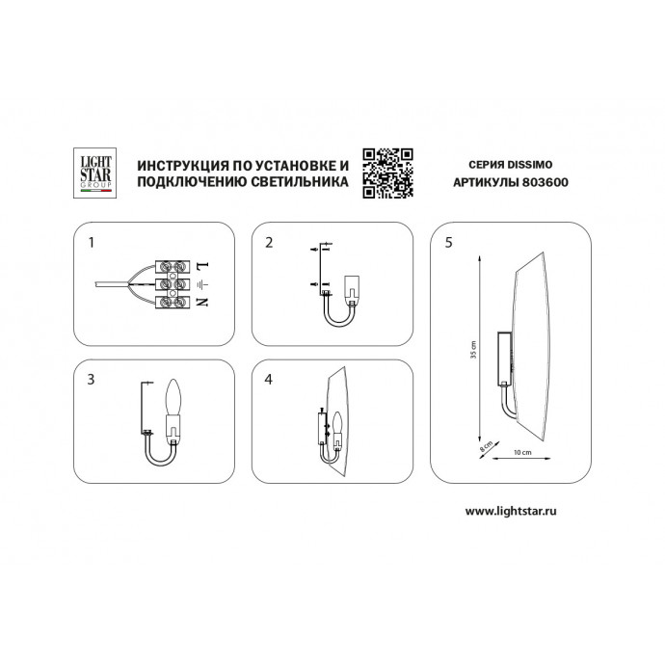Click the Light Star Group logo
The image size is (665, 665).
point(94,171)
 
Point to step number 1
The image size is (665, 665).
point(92,242)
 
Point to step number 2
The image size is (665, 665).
point(271,242)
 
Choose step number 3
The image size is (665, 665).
point(92,379)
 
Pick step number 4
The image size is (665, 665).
point(271,379)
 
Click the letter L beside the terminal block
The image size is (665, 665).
point(201,264)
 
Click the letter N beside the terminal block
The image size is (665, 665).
point(201,304)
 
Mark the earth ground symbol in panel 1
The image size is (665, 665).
point(200,284)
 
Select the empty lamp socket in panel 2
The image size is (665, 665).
point(353,285)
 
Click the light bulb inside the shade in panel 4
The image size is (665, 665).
point(338,423)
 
